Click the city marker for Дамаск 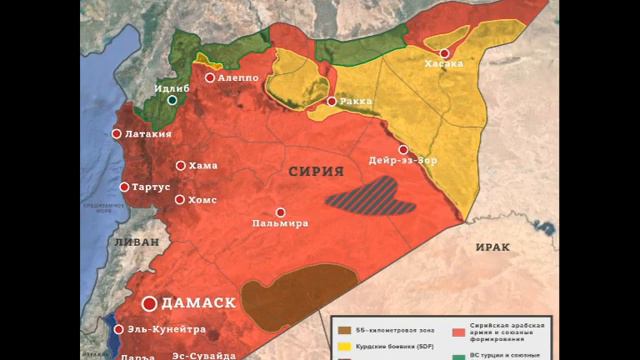tap(150, 303)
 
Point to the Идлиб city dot tap(173, 100)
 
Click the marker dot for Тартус tap(125, 187)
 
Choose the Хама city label tap(202, 166)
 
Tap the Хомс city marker tap(180, 199)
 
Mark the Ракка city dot tap(332, 101)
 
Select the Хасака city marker tap(443, 52)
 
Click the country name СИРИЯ tap(310, 172)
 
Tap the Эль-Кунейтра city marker tap(118, 329)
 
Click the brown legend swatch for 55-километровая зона tap(345, 330)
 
